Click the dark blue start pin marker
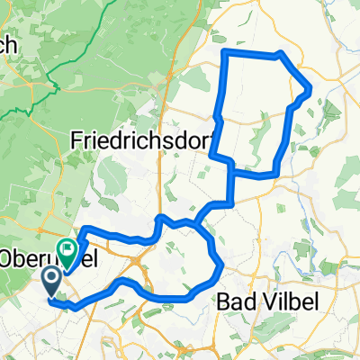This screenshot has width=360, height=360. (x=50, y=280)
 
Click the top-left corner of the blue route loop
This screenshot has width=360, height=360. (x=223, y=54)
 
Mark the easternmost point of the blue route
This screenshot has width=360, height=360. (x=310, y=89)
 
